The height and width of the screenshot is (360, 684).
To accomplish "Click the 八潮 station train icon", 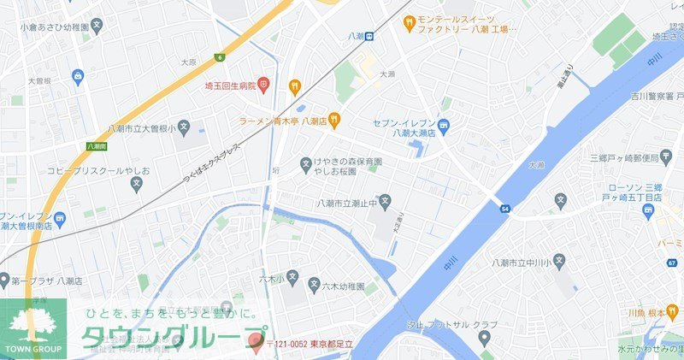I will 369,36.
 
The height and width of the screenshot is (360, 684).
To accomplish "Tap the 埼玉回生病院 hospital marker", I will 263,85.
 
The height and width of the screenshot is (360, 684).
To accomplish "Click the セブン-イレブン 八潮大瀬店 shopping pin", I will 443,127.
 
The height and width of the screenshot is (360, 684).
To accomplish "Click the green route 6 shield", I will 220,57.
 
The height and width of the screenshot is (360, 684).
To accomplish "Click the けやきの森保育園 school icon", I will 304,163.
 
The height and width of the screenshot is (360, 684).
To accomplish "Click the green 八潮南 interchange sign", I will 97,146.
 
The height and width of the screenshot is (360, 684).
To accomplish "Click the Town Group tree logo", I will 32,324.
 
